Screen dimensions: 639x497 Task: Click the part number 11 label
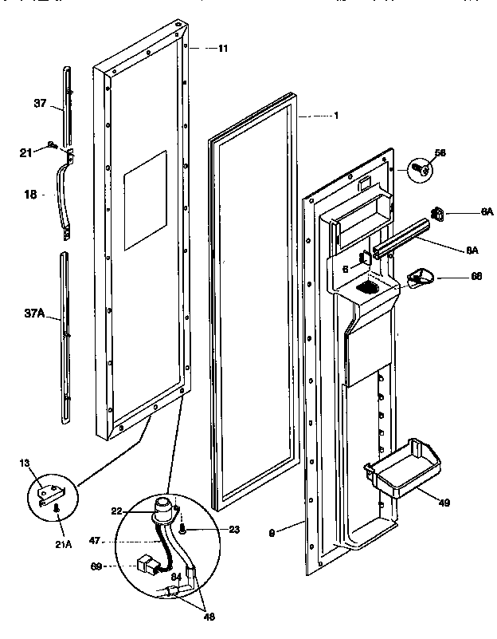click(x=223, y=49)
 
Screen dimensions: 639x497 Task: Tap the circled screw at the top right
click(x=420, y=169)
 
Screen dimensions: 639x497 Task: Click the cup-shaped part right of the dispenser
click(x=420, y=277)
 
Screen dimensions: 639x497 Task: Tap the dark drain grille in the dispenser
click(x=367, y=286)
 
